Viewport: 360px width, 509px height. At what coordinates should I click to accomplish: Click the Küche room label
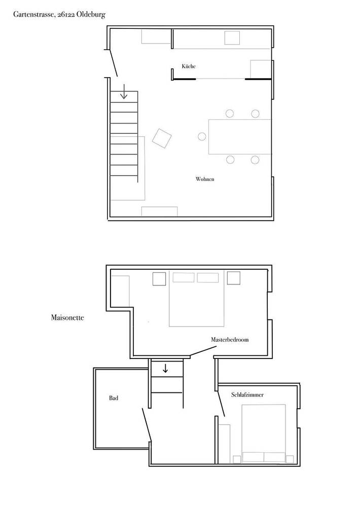coord(189,67)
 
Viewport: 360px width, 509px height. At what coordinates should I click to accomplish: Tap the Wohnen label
coord(204,179)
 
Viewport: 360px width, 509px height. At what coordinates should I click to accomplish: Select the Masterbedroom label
coord(230,340)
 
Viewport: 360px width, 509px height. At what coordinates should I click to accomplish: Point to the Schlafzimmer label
coord(247,394)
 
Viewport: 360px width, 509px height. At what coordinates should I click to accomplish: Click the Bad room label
coord(114,398)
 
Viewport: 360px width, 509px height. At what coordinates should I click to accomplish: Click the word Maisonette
coord(67,318)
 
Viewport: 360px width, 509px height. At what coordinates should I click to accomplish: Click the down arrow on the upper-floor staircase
coord(124,93)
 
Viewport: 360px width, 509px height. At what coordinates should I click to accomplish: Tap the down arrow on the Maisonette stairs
coord(165,368)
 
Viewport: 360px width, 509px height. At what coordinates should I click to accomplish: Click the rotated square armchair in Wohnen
coord(162,138)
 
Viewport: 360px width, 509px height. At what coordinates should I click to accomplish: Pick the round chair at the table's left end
coord(202,136)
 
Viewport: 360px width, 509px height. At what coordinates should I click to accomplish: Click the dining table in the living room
coord(240,136)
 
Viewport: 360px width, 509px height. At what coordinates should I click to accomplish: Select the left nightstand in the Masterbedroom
coord(159,279)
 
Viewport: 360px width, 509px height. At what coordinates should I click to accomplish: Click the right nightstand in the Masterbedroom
coord(233,278)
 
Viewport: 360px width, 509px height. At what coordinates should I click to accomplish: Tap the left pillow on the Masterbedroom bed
coord(184,278)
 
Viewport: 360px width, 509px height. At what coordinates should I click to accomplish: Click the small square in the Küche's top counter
coord(232,38)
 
